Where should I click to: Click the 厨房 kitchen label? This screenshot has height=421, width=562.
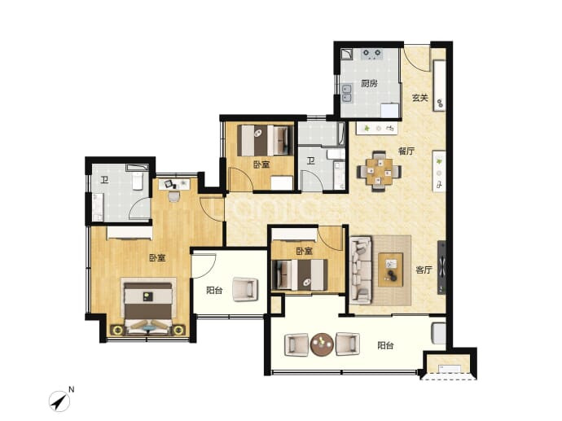[x=369, y=84]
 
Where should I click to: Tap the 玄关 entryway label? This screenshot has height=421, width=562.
[x=419, y=98]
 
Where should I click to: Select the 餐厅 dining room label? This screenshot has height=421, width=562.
[x=406, y=151]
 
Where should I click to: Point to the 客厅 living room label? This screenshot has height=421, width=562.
[x=424, y=270]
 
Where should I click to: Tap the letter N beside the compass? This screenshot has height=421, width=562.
[x=72, y=389]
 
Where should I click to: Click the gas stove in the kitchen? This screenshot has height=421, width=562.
[x=371, y=54]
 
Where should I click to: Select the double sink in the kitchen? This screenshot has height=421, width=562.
[x=346, y=93]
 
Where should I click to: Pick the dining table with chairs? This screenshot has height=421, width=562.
[x=379, y=171]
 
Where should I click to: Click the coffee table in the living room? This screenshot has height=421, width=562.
[x=391, y=270]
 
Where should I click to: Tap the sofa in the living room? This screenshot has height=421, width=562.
[x=361, y=270]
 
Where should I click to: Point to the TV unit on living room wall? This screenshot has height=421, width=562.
[x=441, y=267]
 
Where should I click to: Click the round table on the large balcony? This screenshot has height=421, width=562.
[x=322, y=344]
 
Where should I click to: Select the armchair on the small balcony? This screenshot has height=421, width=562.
[x=245, y=289]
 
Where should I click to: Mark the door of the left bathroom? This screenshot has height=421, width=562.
[x=140, y=208]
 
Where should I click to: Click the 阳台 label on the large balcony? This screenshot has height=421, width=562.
[x=385, y=345]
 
